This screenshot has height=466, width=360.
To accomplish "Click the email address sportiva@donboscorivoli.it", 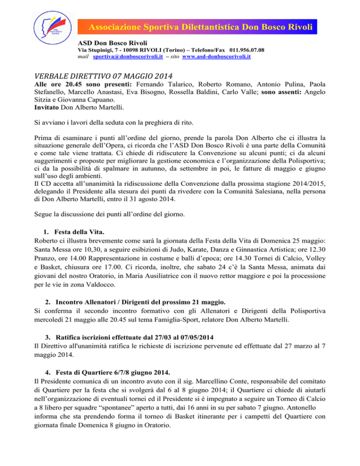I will [121, 56].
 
